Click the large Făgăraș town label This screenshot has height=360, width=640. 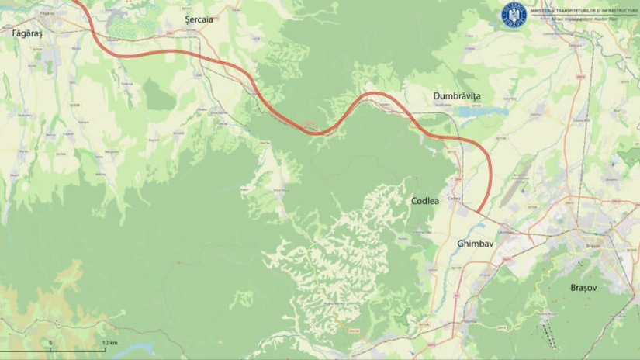tap(26, 34)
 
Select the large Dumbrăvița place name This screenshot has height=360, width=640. tap(457, 95)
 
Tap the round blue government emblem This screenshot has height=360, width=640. tap(513, 12)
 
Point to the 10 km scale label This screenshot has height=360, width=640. tap(109, 342)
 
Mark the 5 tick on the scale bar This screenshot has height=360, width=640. tap(51, 342)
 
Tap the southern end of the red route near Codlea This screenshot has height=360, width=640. tap(479, 212)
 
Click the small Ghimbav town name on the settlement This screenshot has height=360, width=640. tap(505, 231)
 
